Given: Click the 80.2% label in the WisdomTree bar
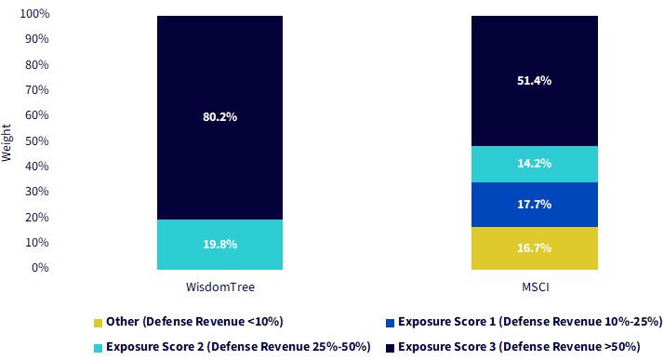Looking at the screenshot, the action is point(219,117).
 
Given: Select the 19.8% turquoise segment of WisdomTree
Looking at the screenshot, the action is point(219,245).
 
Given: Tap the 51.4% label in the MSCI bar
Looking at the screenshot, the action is point(534,81).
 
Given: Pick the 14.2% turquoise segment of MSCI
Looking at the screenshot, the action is point(535,165).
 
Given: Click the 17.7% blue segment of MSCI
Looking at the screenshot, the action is point(535,205).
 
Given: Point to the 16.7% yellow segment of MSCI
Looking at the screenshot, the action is point(535,248).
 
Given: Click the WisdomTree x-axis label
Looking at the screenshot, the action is point(220,287).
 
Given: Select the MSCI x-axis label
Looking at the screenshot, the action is point(536,287).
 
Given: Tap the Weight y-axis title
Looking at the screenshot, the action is point(6,142).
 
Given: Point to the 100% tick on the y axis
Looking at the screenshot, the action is point(34,14).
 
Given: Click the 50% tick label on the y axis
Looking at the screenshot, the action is point(37,140).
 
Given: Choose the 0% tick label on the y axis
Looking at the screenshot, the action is point(40,268).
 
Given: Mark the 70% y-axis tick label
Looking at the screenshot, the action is point(37,90).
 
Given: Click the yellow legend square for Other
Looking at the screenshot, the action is point(98,323).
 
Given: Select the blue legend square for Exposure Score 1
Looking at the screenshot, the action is point(390,323).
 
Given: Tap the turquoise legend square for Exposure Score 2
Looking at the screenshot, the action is point(98,348).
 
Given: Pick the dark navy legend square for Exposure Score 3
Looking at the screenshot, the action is point(390,348).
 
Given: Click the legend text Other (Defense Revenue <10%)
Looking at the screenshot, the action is point(194,322).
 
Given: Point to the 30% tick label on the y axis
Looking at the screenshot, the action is point(37,192).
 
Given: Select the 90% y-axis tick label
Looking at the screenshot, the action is point(37,39).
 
